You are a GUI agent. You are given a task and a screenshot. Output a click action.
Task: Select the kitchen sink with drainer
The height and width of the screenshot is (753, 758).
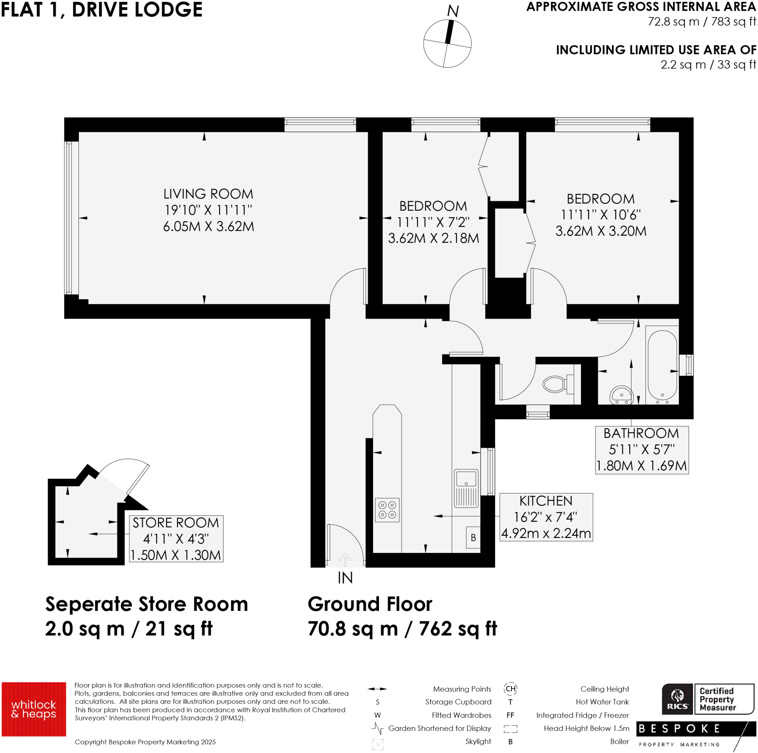tap(466, 488)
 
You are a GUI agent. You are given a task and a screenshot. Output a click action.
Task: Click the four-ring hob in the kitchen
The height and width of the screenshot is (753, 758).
tap(387, 510)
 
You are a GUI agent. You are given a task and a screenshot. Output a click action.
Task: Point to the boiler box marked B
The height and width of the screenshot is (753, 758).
tap(473, 537)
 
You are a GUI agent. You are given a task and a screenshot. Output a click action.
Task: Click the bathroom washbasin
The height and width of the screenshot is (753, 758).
tap(621, 394)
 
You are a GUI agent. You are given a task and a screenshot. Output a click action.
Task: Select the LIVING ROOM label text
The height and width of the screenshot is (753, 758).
tap(208, 194)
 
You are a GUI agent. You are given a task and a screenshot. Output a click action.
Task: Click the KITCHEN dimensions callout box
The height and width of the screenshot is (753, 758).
tap(546, 517)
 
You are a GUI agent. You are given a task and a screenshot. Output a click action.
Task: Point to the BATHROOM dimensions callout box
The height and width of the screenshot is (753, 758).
tap(641, 450)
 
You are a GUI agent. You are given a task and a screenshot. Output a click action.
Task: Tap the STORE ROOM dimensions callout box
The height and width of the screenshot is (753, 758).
tap(176, 538)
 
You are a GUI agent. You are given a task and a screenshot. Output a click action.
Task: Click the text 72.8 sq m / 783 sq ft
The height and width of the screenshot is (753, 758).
tap(701, 21)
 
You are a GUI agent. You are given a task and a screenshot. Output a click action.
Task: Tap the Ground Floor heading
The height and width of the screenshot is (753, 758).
tap(370, 604)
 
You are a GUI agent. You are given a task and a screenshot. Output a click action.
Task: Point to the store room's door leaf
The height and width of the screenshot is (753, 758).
tap(138, 479)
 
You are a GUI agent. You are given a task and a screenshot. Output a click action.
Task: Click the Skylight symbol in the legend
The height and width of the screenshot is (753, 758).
tap(378, 744)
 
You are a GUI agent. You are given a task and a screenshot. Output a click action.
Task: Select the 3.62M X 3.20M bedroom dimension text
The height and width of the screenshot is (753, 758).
tap(600, 231)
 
